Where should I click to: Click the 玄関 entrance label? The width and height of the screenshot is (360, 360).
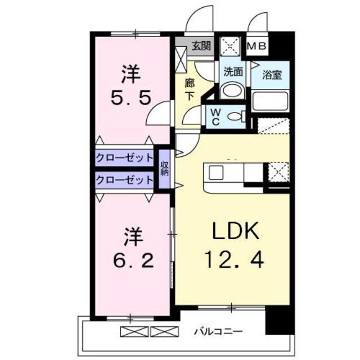[201, 46]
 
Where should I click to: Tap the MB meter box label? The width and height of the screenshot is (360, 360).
[256, 46]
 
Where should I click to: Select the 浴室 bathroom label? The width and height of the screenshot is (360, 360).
[272, 75]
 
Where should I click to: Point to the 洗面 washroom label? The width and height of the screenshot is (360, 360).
[233, 72]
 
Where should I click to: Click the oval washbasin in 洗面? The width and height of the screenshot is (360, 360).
[232, 92]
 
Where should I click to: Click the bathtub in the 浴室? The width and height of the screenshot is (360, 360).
[270, 101]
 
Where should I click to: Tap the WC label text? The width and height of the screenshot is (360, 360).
[215, 117]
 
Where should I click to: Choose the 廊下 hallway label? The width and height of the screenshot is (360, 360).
[190, 89]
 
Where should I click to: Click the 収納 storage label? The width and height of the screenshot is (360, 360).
[165, 169]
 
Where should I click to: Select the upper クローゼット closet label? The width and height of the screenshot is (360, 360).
[124, 157]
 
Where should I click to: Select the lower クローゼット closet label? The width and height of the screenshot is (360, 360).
[124, 180]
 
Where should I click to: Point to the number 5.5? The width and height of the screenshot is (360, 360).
[131, 97]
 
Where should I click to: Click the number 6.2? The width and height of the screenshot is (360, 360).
[133, 260]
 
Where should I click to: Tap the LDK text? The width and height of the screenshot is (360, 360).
[236, 231]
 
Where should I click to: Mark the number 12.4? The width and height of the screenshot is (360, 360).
[234, 260]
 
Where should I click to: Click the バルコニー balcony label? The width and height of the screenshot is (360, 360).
[218, 331]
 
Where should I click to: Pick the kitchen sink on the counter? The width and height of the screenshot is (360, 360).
[216, 173]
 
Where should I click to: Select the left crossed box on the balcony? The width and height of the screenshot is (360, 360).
[134, 331]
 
